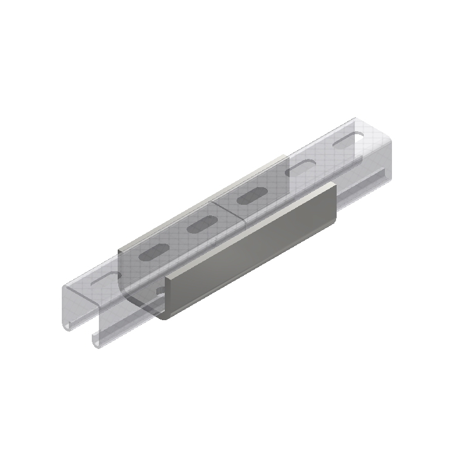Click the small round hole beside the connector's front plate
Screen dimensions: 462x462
click(x=160, y=291)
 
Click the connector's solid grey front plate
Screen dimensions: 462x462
click(x=253, y=253)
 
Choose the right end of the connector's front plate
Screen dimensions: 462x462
click(x=334, y=203)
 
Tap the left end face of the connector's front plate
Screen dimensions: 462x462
click(x=165, y=297)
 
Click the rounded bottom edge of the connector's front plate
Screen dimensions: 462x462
click(x=247, y=277)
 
